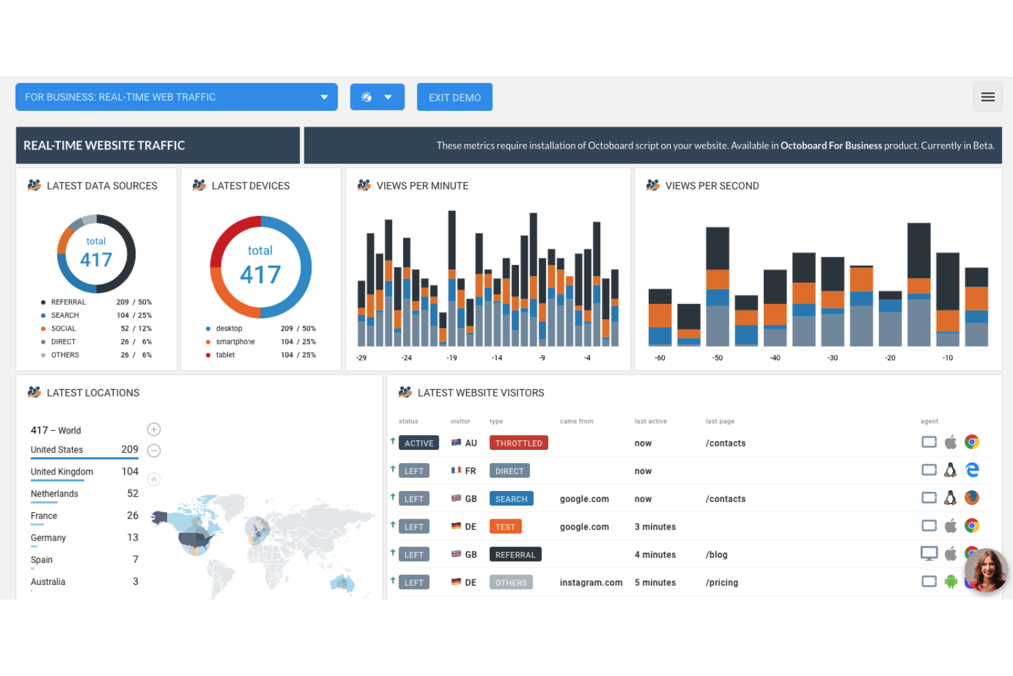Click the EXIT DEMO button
[x=454, y=97]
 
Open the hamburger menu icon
[x=988, y=97]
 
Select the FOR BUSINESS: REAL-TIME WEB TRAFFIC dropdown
[x=176, y=97]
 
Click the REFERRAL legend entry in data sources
[x=68, y=302]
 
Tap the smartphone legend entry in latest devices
[x=235, y=342]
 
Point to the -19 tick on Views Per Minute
[x=452, y=358]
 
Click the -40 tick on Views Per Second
[x=775, y=358]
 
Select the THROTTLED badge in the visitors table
[x=518, y=443]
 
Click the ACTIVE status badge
[x=418, y=443]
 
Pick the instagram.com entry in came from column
[x=591, y=583]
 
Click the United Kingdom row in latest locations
[x=62, y=472]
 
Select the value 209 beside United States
[x=129, y=449]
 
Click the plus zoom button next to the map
[x=154, y=429]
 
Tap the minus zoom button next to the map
[x=154, y=451]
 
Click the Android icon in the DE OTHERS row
[x=951, y=581]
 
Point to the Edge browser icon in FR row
[x=972, y=470]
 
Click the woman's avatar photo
[x=986, y=570]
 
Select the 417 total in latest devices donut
[x=260, y=275]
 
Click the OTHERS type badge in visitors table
[x=511, y=583]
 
